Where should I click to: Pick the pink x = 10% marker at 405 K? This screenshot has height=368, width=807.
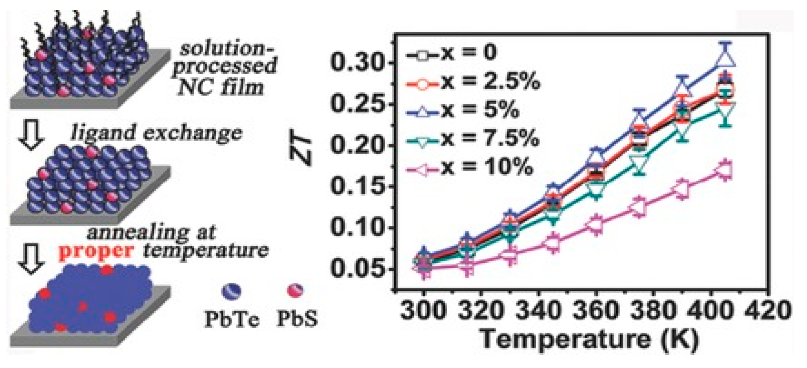pyautogui.click(x=724, y=171)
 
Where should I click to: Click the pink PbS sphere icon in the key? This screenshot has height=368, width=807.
pyautogui.click(x=296, y=290)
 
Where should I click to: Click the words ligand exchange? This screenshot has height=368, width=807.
pyautogui.click(x=156, y=132)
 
